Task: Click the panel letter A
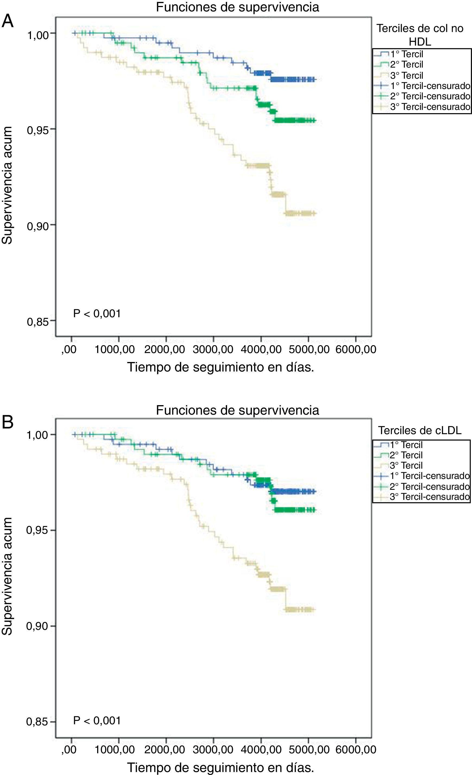[x=8, y=21]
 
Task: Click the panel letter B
[x=8, y=422]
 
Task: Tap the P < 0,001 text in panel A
[x=97, y=314]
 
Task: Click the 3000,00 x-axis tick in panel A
[x=213, y=349]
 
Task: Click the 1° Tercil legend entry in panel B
[x=406, y=445]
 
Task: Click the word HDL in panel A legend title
[x=420, y=41]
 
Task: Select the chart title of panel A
[x=237, y=7]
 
